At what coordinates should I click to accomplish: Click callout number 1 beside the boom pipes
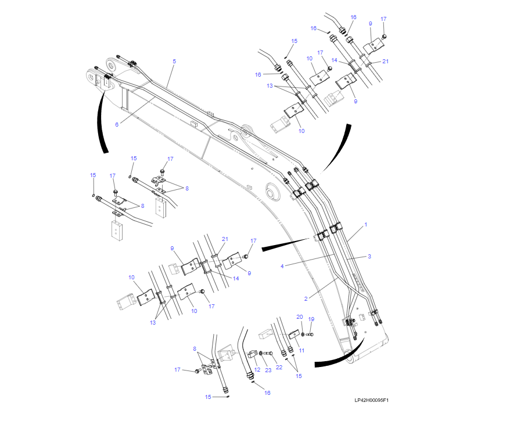tap(366, 225)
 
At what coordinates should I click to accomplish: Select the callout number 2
tap(306, 298)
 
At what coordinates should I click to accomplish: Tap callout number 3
tap(369, 257)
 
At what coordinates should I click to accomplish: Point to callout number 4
tap(282, 266)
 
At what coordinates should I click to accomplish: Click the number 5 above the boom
tap(174, 61)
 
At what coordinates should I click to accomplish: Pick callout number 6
tap(117, 124)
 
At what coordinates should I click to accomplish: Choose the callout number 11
tap(301, 351)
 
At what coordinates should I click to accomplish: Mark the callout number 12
tap(257, 369)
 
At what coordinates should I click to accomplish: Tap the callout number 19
tap(311, 319)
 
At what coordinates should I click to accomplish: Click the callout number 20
tap(299, 316)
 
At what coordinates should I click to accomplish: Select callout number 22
tap(279, 367)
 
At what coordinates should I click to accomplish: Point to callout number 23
tap(268, 370)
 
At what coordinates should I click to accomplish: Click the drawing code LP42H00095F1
tap(371, 400)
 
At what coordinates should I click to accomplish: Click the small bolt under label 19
tap(310, 334)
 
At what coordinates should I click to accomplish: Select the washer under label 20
tap(303, 334)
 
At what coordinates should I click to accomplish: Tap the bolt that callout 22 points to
tap(268, 354)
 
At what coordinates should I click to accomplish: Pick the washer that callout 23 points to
tap(261, 353)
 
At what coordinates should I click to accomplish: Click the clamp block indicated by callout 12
tap(253, 354)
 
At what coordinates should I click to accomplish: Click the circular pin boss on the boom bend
tap(272, 192)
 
